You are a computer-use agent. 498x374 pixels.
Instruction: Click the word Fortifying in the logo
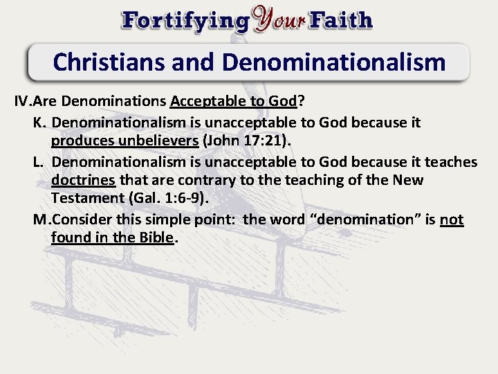tap(185, 20)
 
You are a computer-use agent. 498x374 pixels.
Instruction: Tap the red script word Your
tap(279, 20)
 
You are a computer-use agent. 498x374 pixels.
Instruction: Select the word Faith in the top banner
tap(342, 20)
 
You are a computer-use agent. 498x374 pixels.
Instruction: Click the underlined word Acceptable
tap(207, 101)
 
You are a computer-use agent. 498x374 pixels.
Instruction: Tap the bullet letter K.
tap(38, 123)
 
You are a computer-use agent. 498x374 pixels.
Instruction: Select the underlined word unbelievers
tap(158, 141)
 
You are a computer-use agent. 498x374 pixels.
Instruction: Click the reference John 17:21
tap(246, 141)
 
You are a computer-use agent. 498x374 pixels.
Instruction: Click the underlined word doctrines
tap(83, 180)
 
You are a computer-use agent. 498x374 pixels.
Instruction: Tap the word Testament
tap(87, 199)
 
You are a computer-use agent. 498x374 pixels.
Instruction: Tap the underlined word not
tap(452, 220)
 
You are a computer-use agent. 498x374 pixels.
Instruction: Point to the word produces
tap(82, 141)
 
